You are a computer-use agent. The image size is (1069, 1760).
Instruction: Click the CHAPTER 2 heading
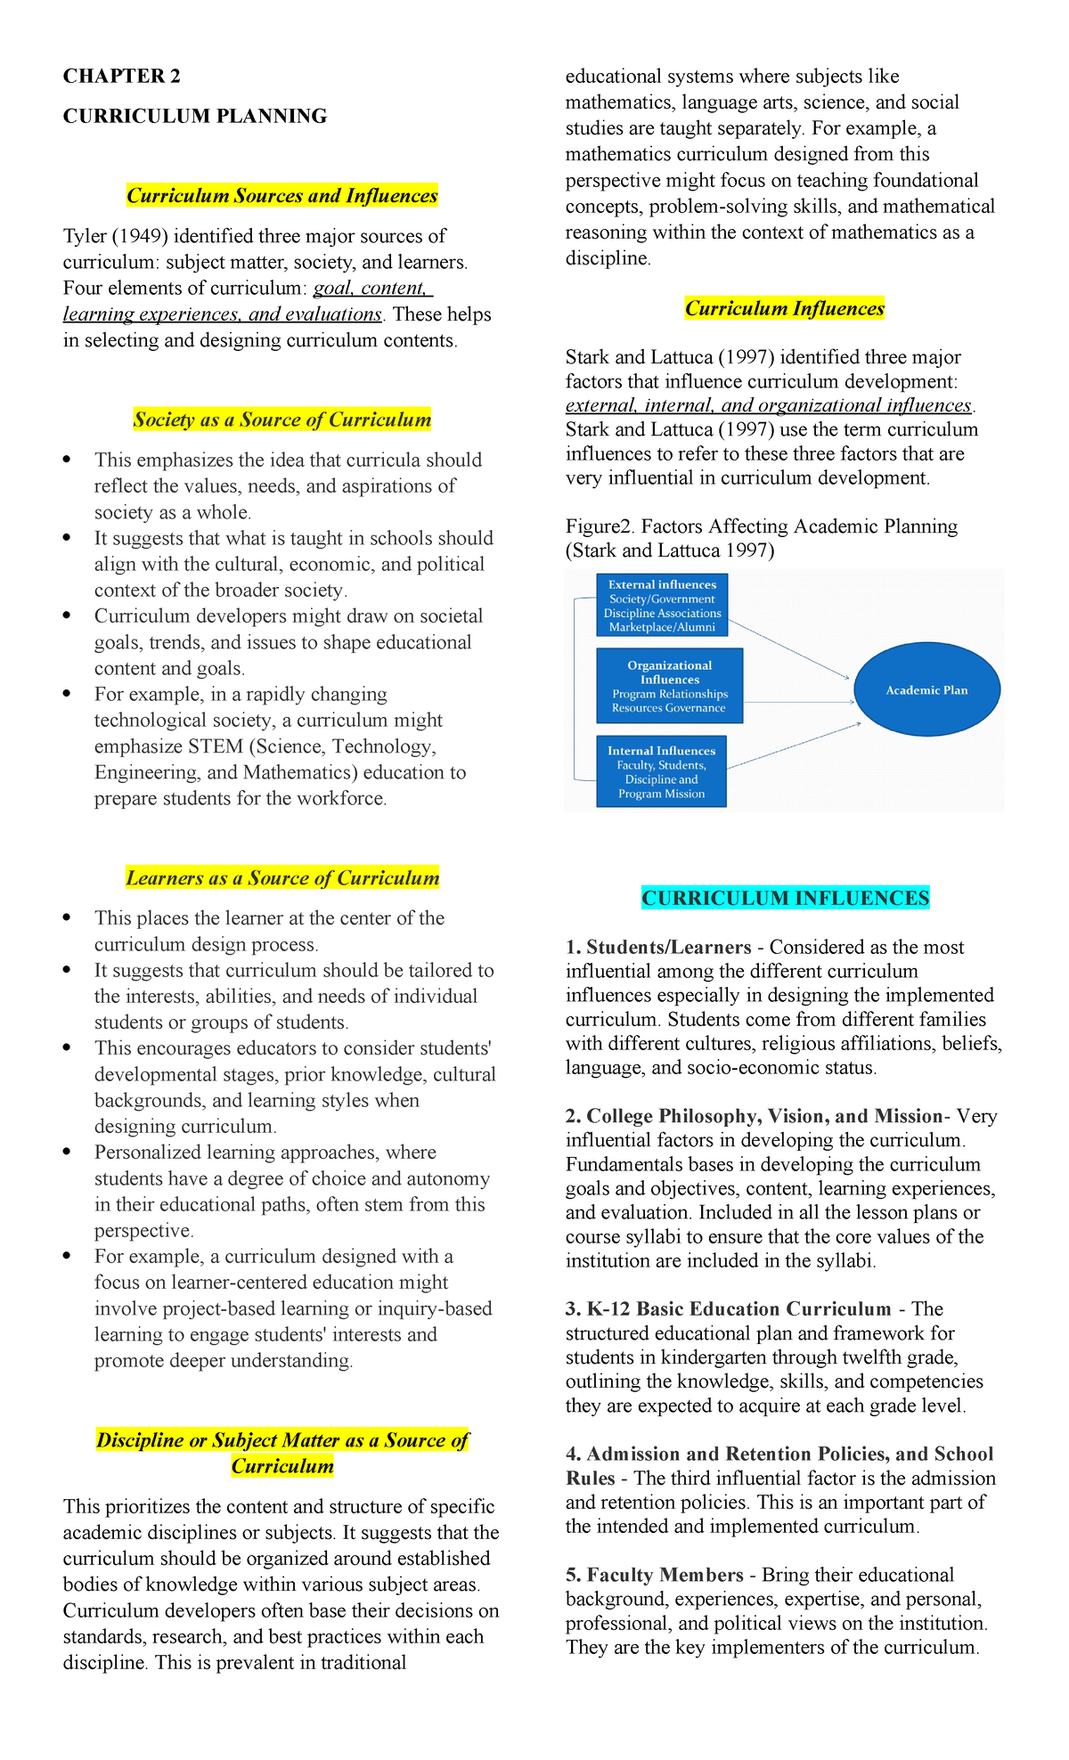point(121,77)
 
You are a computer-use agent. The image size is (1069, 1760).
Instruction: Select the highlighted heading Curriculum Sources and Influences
point(282,196)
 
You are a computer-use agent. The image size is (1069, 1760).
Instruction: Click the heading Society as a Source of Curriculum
point(282,420)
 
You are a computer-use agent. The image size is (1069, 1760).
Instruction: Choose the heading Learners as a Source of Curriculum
point(282,878)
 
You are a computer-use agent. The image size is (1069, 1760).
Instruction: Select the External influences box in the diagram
point(662,606)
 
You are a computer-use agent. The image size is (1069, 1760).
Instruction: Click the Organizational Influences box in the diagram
point(669,686)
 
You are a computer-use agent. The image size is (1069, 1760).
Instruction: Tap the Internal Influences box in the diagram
point(661,771)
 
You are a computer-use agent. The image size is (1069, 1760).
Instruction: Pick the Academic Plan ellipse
point(926,690)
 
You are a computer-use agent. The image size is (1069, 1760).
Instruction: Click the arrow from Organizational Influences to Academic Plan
point(797,701)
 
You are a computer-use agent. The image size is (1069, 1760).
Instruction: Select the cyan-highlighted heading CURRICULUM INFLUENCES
point(785,898)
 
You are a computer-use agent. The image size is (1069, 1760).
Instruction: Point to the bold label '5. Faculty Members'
point(655,1575)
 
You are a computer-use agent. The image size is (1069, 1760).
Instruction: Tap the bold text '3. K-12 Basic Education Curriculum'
point(728,1309)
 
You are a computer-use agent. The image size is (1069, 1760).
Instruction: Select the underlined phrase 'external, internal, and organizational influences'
point(768,405)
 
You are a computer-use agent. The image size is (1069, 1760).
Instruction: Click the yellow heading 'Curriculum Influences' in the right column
point(784,309)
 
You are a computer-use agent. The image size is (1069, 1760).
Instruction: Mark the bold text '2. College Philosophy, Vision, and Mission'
point(754,1117)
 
